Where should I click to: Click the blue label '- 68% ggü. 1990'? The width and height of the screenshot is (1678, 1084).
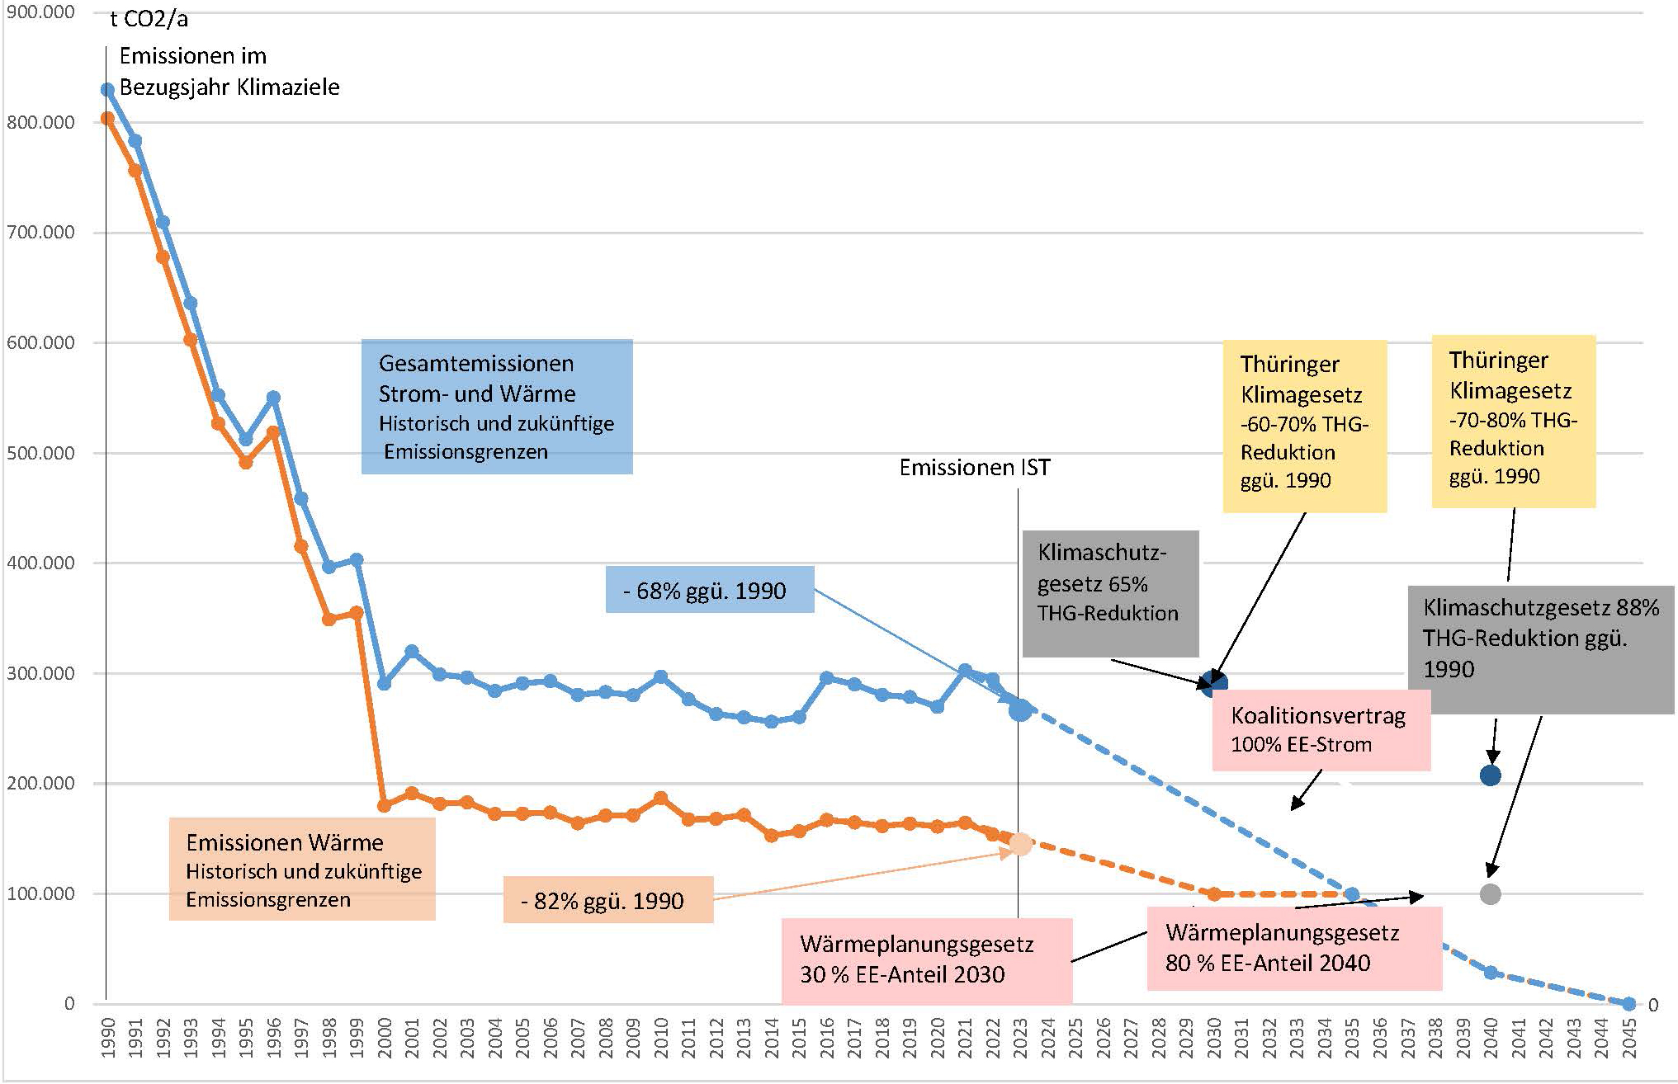(x=710, y=590)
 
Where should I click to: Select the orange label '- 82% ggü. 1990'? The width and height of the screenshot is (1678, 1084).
(x=608, y=900)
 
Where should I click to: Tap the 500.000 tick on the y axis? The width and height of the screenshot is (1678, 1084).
(x=40, y=453)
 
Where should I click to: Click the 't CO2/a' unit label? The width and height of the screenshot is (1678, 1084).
(x=149, y=19)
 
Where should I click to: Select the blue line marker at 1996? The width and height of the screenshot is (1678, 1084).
(x=273, y=398)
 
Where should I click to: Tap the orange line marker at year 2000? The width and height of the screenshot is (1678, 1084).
(x=384, y=806)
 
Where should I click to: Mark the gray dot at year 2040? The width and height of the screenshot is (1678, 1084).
(x=1490, y=894)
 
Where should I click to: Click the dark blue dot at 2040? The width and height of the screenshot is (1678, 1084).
(x=1490, y=775)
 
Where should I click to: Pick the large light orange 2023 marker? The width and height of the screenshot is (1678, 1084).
(x=1021, y=844)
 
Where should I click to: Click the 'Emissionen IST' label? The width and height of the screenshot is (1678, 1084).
(x=975, y=468)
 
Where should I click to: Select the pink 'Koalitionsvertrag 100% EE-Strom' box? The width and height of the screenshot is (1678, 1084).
(x=1320, y=729)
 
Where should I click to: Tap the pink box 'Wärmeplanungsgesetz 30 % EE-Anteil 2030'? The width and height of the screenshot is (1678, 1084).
(x=925, y=959)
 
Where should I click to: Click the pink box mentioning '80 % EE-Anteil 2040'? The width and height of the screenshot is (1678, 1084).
(x=1293, y=948)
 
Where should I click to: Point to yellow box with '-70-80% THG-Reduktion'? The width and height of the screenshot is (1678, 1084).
(x=1513, y=420)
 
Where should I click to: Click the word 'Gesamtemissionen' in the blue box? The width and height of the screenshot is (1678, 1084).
(x=476, y=364)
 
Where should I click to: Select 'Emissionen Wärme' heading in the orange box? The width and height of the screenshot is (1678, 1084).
(x=285, y=842)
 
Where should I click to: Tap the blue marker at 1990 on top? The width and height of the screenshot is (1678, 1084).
(x=107, y=89)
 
